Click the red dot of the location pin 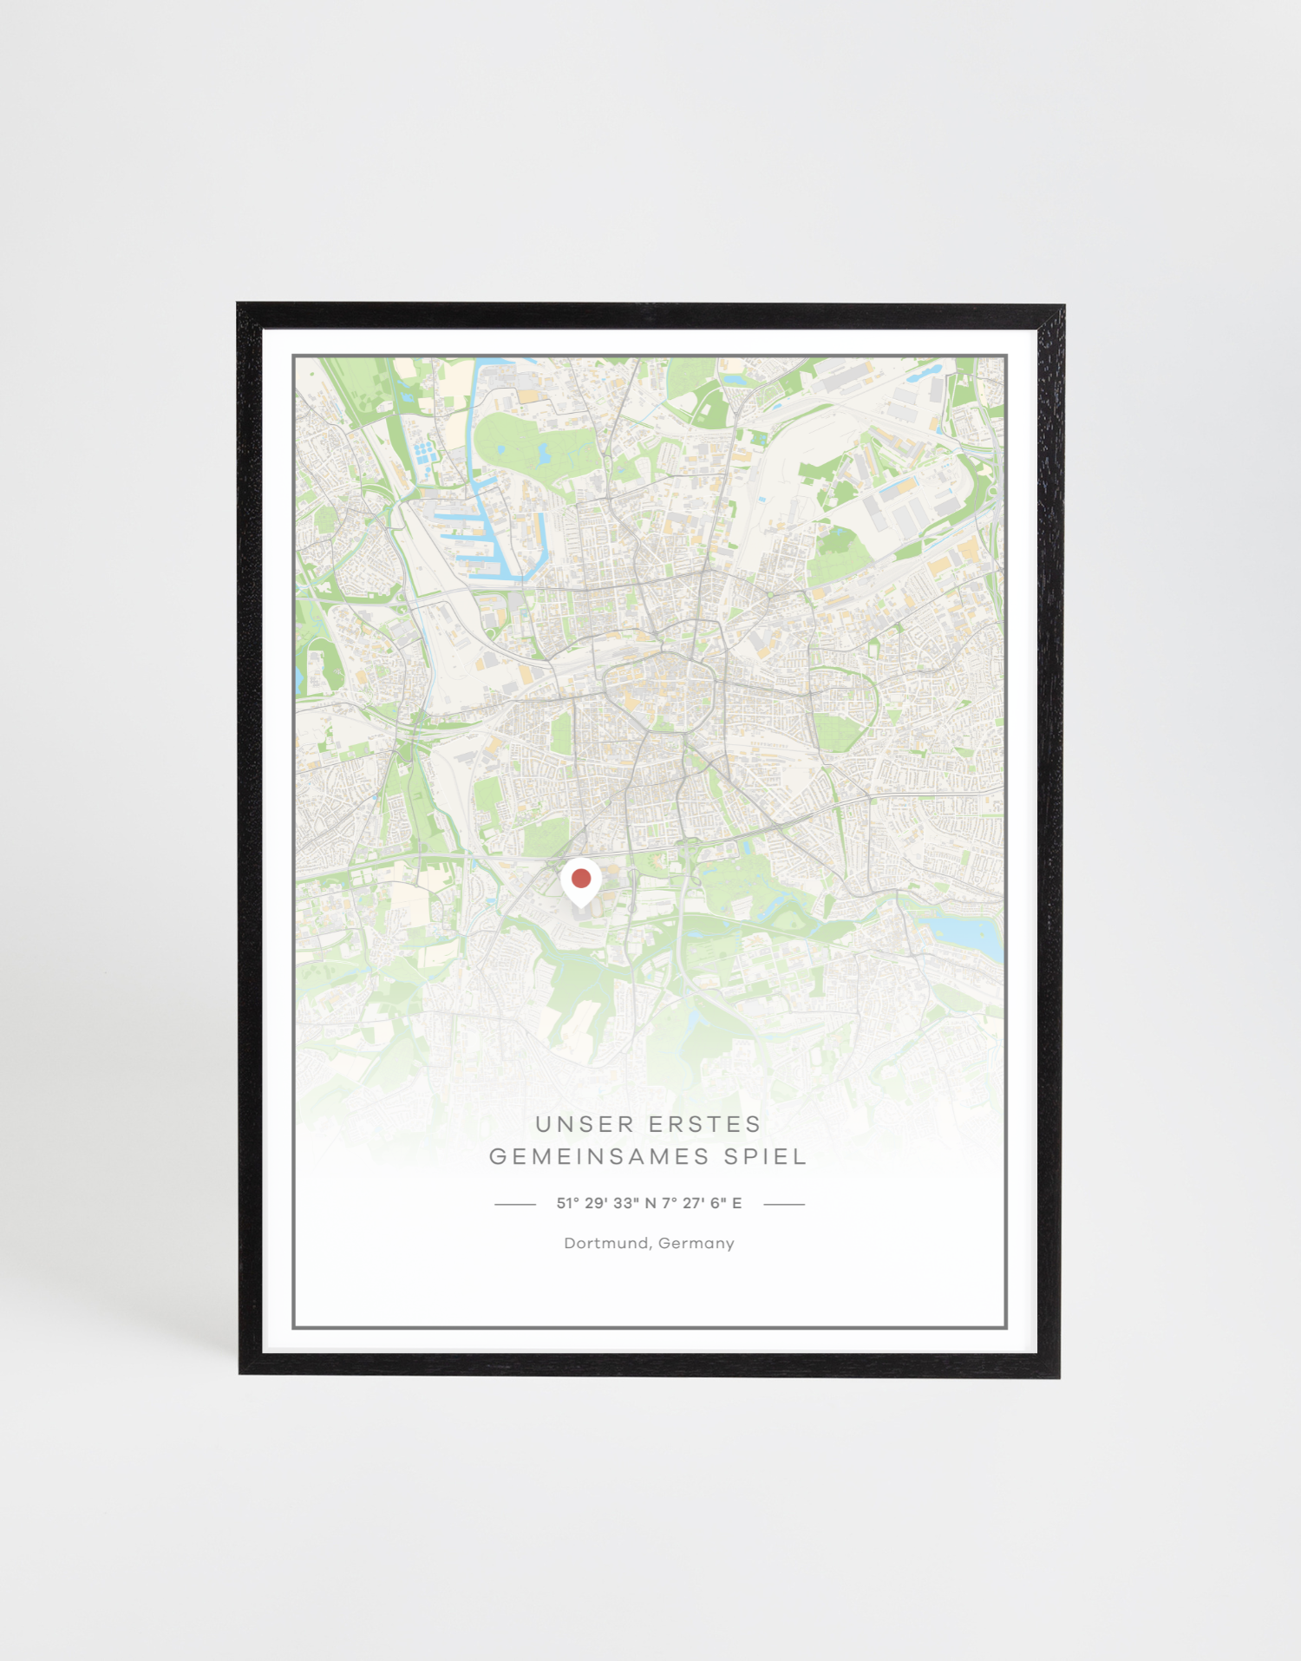(x=581, y=878)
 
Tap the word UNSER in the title (x=585, y=1124)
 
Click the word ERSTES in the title (x=704, y=1124)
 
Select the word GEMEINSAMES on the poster (x=599, y=1156)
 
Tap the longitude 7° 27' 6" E (x=702, y=1203)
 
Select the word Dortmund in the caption (x=606, y=1243)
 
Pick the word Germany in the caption (x=696, y=1243)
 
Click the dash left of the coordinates (x=514, y=1204)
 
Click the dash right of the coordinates (x=784, y=1204)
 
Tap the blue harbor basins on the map (x=486, y=542)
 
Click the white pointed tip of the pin (x=580, y=906)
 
